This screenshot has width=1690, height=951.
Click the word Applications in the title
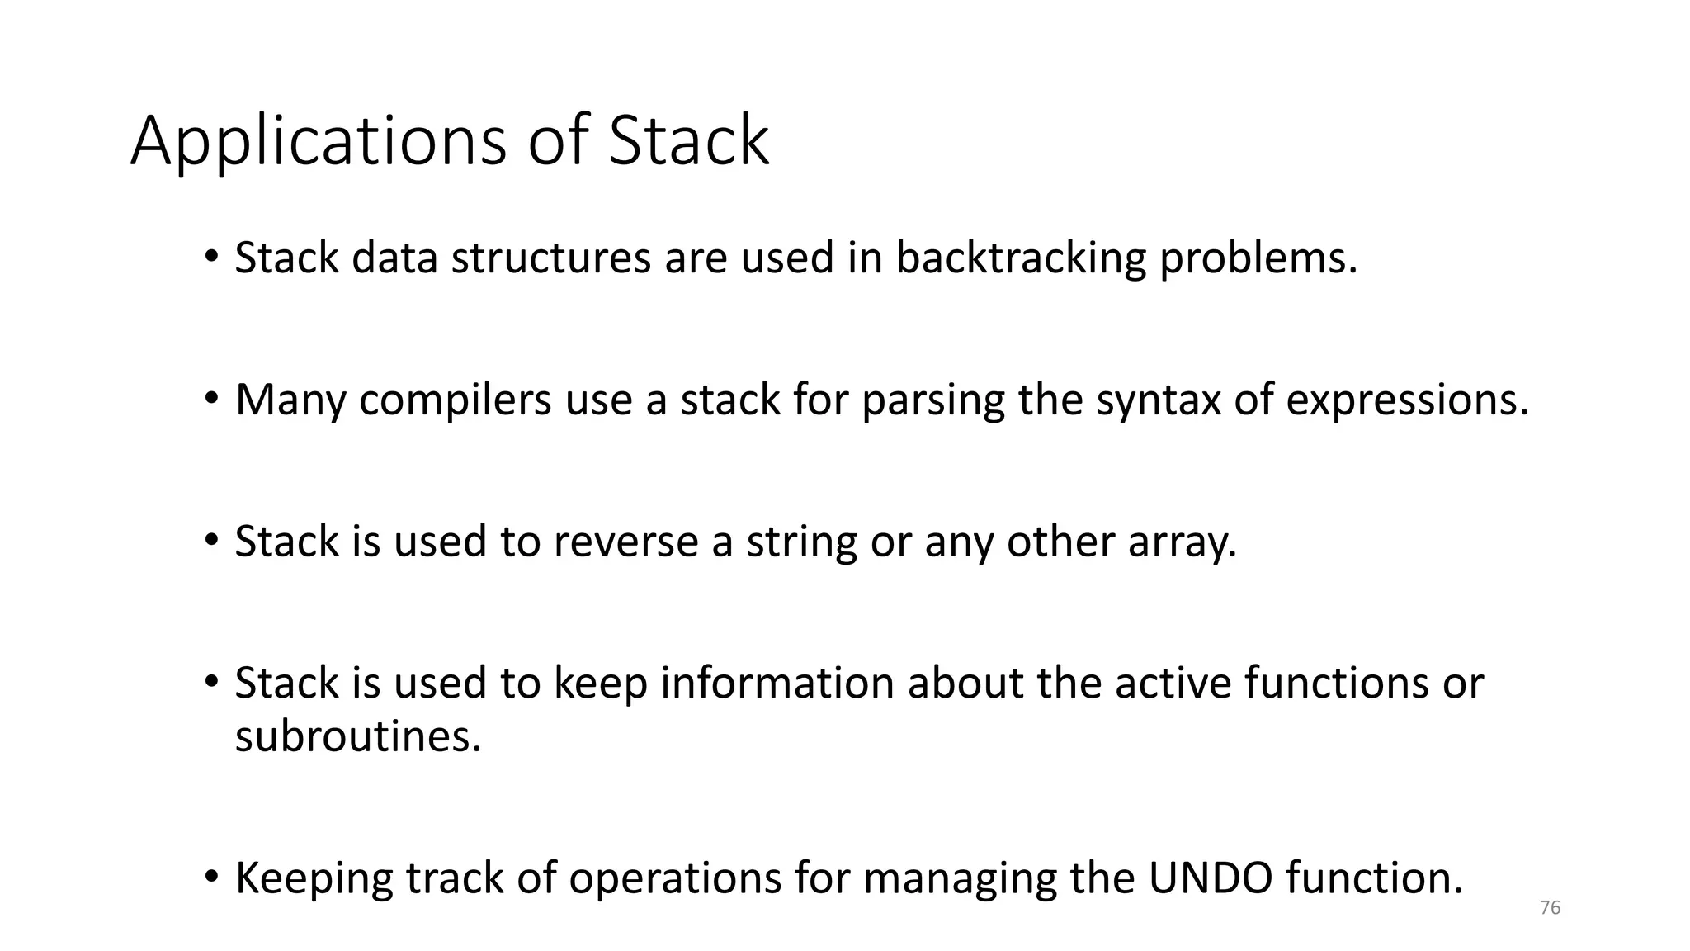[318, 141]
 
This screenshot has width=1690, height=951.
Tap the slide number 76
[1550, 908]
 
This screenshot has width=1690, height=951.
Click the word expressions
[1407, 400]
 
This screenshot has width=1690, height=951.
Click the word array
[1182, 542]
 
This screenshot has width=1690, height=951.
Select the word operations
[675, 878]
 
